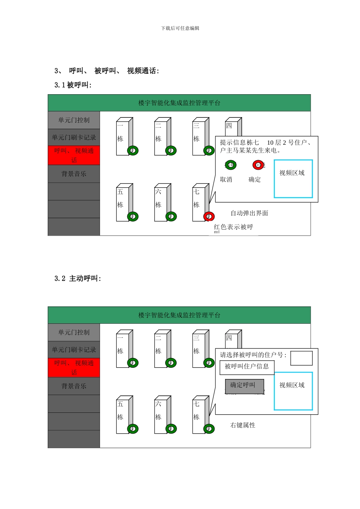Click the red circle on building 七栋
[209, 216]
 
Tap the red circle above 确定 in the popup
[258, 165]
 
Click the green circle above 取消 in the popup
[230, 165]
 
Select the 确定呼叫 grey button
[244, 386]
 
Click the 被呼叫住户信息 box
[247, 367]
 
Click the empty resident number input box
[301, 358]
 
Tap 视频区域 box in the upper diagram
[293, 179]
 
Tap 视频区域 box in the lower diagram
[293, 391]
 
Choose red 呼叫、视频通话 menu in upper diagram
[74, 155]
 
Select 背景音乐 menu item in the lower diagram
[74, 386]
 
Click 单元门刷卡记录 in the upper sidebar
[74, 137]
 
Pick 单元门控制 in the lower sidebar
[74, 332]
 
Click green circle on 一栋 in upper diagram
[133, 150]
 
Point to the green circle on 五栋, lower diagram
[133, 429]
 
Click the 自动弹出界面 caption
[249, 213]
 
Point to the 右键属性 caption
[243, 425]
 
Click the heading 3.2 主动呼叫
[78, 278]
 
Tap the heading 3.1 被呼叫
[73, 85]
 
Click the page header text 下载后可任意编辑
[180, 28]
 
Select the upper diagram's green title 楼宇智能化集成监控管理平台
[179, 103]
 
